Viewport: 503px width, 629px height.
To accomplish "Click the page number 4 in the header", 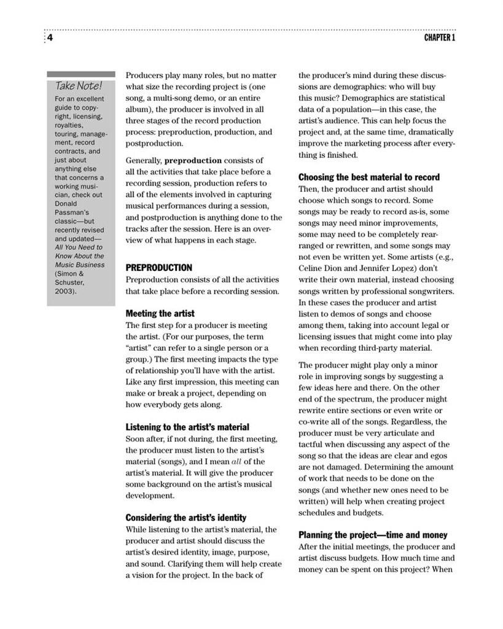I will pos(50,38).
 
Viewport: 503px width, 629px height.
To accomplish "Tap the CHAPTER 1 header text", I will pos(440,38).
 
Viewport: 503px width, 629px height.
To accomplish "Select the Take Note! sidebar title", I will pos(79,85).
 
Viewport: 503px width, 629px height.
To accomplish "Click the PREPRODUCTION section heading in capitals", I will pos(159,268).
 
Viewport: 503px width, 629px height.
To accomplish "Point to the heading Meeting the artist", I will pos(160,313).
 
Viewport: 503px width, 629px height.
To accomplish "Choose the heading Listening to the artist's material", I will pos(187,427).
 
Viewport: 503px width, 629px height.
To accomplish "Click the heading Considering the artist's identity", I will pos(186,517).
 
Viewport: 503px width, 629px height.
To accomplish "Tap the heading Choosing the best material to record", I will pos(369,177).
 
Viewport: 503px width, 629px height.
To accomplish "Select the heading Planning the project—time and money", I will pos(373,535).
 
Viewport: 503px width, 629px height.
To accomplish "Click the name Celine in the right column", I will pos(311,268).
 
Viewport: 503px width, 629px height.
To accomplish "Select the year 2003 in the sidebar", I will pos(65,291).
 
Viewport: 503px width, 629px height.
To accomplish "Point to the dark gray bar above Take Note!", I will pos(80,74).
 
